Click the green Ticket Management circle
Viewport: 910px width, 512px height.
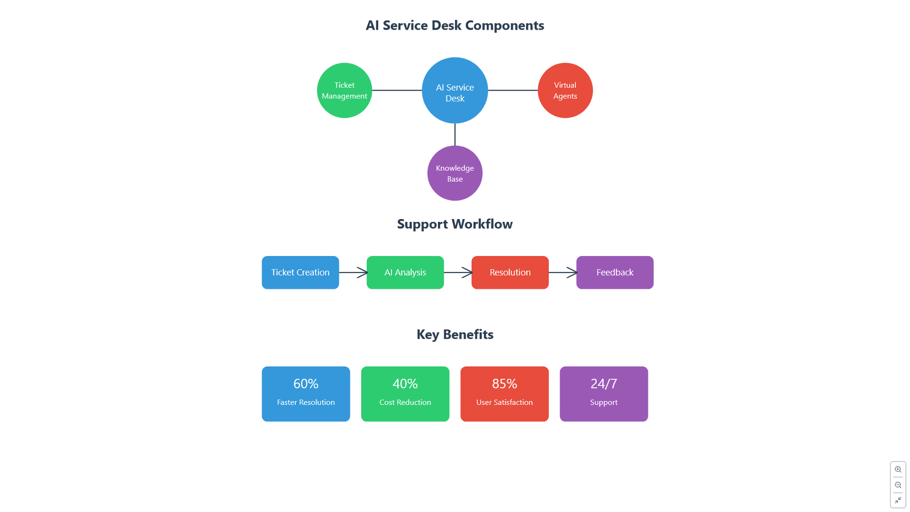pos(345,90)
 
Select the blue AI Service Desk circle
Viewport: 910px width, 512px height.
pos(454,90)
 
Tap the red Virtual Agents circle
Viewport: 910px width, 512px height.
pos(565,90)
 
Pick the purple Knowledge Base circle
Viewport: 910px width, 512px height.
pos(454,173)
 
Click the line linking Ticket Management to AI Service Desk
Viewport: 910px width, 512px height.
pos(397,90)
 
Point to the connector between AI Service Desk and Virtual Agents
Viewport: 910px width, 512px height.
pos(512,90)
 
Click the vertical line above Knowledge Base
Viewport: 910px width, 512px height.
pos(454,134)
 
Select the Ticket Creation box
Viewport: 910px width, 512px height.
pos(300,272)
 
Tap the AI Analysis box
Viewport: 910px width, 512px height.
pos(405,272)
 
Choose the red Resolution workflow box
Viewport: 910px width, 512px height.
pos(510,272)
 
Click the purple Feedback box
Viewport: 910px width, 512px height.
pos(615,272)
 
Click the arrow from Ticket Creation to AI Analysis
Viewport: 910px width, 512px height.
pos(353,272)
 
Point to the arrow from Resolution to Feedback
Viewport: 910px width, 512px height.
pos(562,272)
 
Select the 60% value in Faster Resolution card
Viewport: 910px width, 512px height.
pos(306,383)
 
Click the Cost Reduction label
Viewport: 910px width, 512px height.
pos(405,402)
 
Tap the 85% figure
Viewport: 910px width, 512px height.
pos(504,383)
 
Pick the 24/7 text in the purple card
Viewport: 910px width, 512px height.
pos(603,383)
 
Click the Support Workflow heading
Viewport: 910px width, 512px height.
pos(454,224)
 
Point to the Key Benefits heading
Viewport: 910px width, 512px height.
pos(454,334)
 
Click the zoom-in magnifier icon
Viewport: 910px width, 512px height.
pos(898,469)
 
